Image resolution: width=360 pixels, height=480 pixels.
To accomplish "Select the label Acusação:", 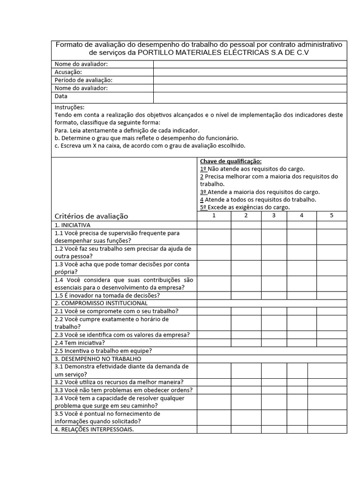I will pyautogui.click(x=68, y=72).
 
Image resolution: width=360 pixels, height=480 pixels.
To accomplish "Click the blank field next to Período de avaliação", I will pyautogui.click(x=250, y=80).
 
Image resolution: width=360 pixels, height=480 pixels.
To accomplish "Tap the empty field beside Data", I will pyautogui.click(x=250, y=97).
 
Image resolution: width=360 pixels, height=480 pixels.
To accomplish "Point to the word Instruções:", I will pyautogui.click(x=70, y=107).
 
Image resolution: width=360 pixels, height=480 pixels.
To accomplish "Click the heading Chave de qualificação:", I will pyautogui.click(x=231, y=161).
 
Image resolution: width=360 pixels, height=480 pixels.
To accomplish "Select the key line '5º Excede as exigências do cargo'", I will pyautogui.click(x=245, y=207).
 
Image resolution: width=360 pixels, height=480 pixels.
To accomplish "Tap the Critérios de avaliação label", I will pyautogui.click(x=91, y=216).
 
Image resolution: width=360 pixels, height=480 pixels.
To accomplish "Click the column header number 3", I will pyautogui.click(x=274, y=216).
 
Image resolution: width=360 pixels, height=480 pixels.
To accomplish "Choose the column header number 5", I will pyautogui.click(x=331, y=216).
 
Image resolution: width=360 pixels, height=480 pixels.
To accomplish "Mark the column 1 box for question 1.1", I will pyautogui.click(x=214, y=237).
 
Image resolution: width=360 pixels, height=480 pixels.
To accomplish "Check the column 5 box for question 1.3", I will pyautogui.click(x=331, y=268).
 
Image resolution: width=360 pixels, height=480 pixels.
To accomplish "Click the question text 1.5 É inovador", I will pyautogui.click(x=107, y=295).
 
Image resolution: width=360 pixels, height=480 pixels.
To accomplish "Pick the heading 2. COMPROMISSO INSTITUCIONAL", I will pyautogui.click(x=101, y=303).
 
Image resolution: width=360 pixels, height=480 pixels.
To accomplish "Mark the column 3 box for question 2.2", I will pyautogui.click(x=274, y=322).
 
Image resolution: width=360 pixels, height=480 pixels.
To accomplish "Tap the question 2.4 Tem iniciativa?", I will pyautogui.click(x=80, y=343).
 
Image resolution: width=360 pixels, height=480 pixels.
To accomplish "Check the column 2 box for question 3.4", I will pyautogui.click(x=246, y=402).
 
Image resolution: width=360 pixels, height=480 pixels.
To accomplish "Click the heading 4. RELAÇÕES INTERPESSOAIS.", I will pyautogui.click(x=94, y=429).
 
